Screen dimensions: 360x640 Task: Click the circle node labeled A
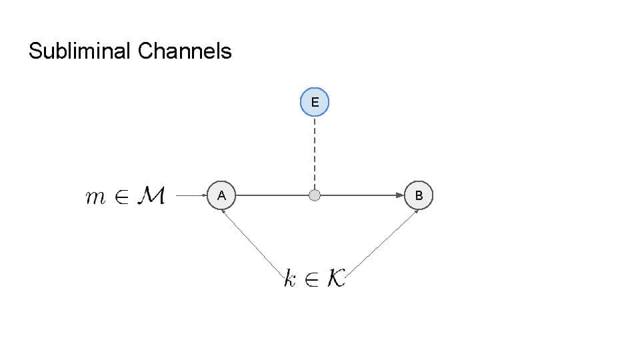(221, 195)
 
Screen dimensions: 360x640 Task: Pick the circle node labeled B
(419, 195)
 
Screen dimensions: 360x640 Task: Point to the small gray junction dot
(315, 195)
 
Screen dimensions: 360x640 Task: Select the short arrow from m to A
(192, 195)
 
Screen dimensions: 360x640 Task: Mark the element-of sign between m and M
(121, 197)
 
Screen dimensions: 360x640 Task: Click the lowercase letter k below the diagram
(289, 279)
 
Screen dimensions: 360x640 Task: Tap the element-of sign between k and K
(312, 279)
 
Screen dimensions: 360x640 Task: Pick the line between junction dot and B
(360, 195)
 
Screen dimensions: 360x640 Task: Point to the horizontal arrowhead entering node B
(401, 195)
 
